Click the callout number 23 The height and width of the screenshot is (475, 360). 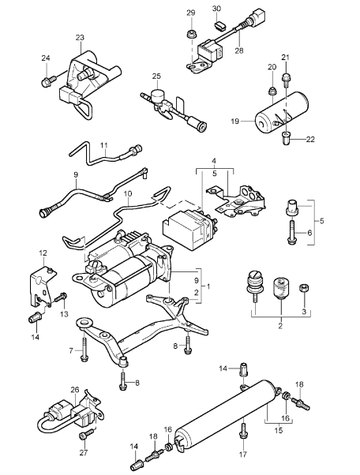(x=80, y=37)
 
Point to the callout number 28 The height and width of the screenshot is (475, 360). (x=238, y=50)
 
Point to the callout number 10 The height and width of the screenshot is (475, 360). (x=128, y=193)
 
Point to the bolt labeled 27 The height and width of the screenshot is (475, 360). (x=82, y=435)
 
